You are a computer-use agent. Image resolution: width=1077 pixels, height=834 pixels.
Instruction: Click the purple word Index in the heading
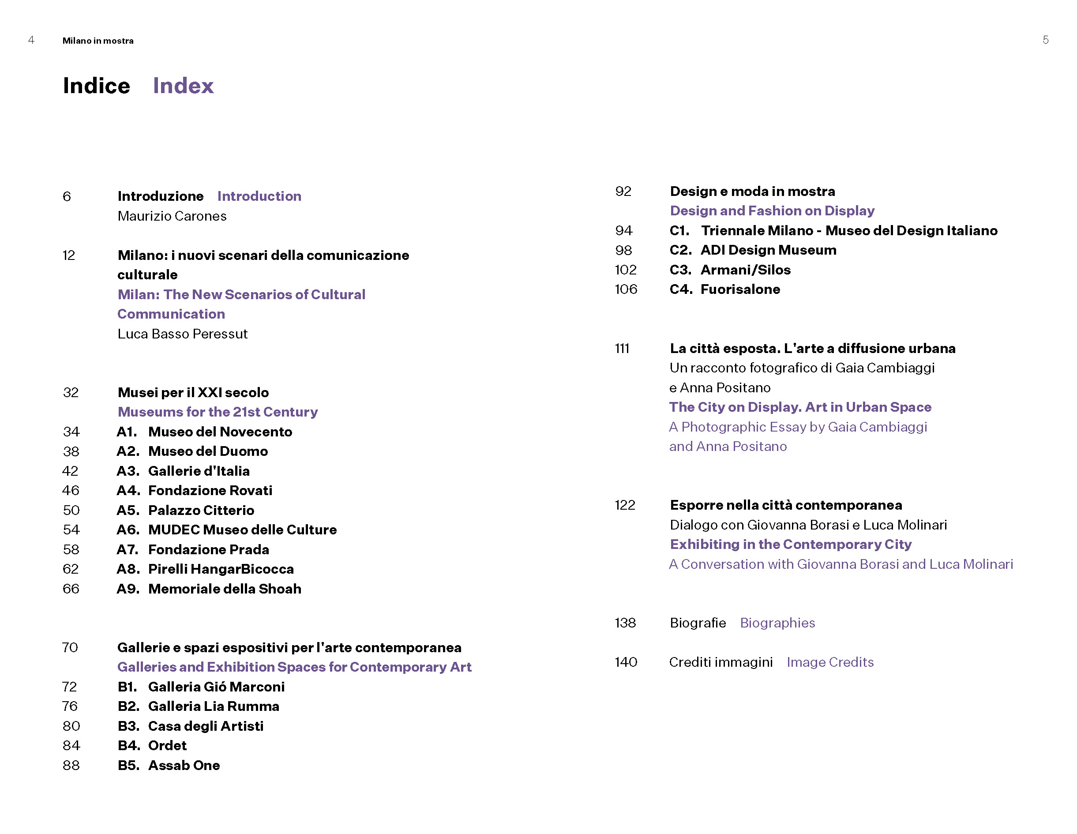point(183,86)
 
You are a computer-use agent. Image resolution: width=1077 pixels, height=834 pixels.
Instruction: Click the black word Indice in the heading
point(97,86)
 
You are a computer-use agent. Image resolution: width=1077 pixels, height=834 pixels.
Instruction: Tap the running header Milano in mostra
point(98,41)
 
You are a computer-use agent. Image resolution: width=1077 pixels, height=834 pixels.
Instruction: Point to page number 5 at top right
point(1045,40)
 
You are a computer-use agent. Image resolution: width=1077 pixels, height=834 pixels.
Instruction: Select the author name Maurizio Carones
point(172,216)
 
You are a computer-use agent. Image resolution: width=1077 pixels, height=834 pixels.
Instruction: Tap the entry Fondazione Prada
point(209,549)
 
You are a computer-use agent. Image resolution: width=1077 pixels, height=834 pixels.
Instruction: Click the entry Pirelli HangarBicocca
point(221,569)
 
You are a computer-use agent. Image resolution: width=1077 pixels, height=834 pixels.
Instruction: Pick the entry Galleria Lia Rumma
point(214,706)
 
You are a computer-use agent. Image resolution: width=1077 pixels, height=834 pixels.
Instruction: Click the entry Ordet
point(167,745)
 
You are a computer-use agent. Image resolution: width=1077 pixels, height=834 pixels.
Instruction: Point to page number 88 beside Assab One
point(71,765)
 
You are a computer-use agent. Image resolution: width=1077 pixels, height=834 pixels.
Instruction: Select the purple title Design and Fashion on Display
point(772,210)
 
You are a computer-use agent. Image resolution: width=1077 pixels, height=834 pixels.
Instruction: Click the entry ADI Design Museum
point(768,250)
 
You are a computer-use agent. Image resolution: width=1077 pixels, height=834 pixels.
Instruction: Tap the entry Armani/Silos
point(745,270)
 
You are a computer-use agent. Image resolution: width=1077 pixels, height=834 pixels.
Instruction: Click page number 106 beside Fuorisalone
point(625,289)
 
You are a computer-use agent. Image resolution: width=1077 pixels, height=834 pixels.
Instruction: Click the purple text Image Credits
point(829,662)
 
